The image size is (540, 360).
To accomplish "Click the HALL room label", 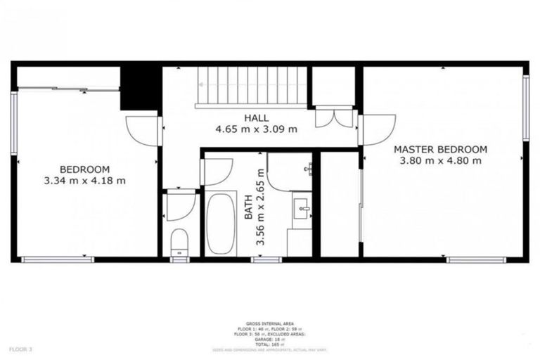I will pyautogui.click(x=256, y=117).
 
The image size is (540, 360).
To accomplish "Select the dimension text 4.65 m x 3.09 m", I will pyautogui.click(x=256, y=129).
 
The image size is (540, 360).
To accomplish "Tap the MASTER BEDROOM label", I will pyautogui.click(x=440, y=149).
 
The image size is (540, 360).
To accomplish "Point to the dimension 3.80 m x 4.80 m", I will pyautogui.click(x=440, y=160).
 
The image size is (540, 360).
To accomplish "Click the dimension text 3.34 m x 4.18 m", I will pyautogui.click(x=84, y=180).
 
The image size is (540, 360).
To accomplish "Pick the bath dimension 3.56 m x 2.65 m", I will pyautogui.click(x=261, y=206).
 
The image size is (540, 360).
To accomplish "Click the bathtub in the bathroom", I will pyautogui.click(x=221, y=223).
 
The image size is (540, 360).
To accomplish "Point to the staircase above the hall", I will pyautogui.click(x=252, y=86).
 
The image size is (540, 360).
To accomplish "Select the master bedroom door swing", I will pyautogui.click(x=378, y=129).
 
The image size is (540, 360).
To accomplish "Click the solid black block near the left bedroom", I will pyautogui.click(x=141, y=88).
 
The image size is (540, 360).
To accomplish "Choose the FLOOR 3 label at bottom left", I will pyautogui.click(x=21, y=349).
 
